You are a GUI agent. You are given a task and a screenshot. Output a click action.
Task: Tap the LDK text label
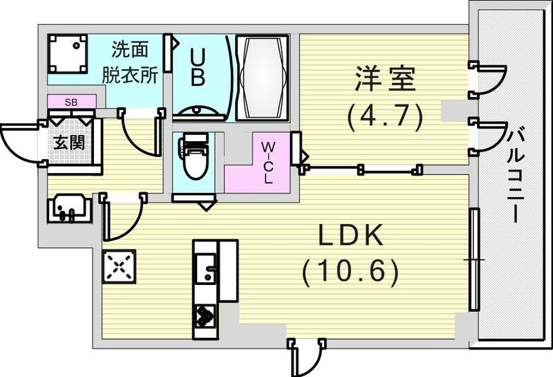tap(350, 237)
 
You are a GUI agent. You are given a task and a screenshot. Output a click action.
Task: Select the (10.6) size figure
tap(350, 271)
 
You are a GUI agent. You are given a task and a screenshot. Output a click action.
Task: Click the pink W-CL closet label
tap(268, 160)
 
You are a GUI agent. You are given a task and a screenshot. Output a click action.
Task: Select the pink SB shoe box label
tap(71, 102)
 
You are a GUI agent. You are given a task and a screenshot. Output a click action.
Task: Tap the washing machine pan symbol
tap(68, 54)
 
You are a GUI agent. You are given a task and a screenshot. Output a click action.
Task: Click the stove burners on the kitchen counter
tap(205, 316)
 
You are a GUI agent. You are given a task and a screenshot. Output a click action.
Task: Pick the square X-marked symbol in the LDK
tap(118, 266)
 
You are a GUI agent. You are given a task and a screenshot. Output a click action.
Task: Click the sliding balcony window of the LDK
tap(474, 259)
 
